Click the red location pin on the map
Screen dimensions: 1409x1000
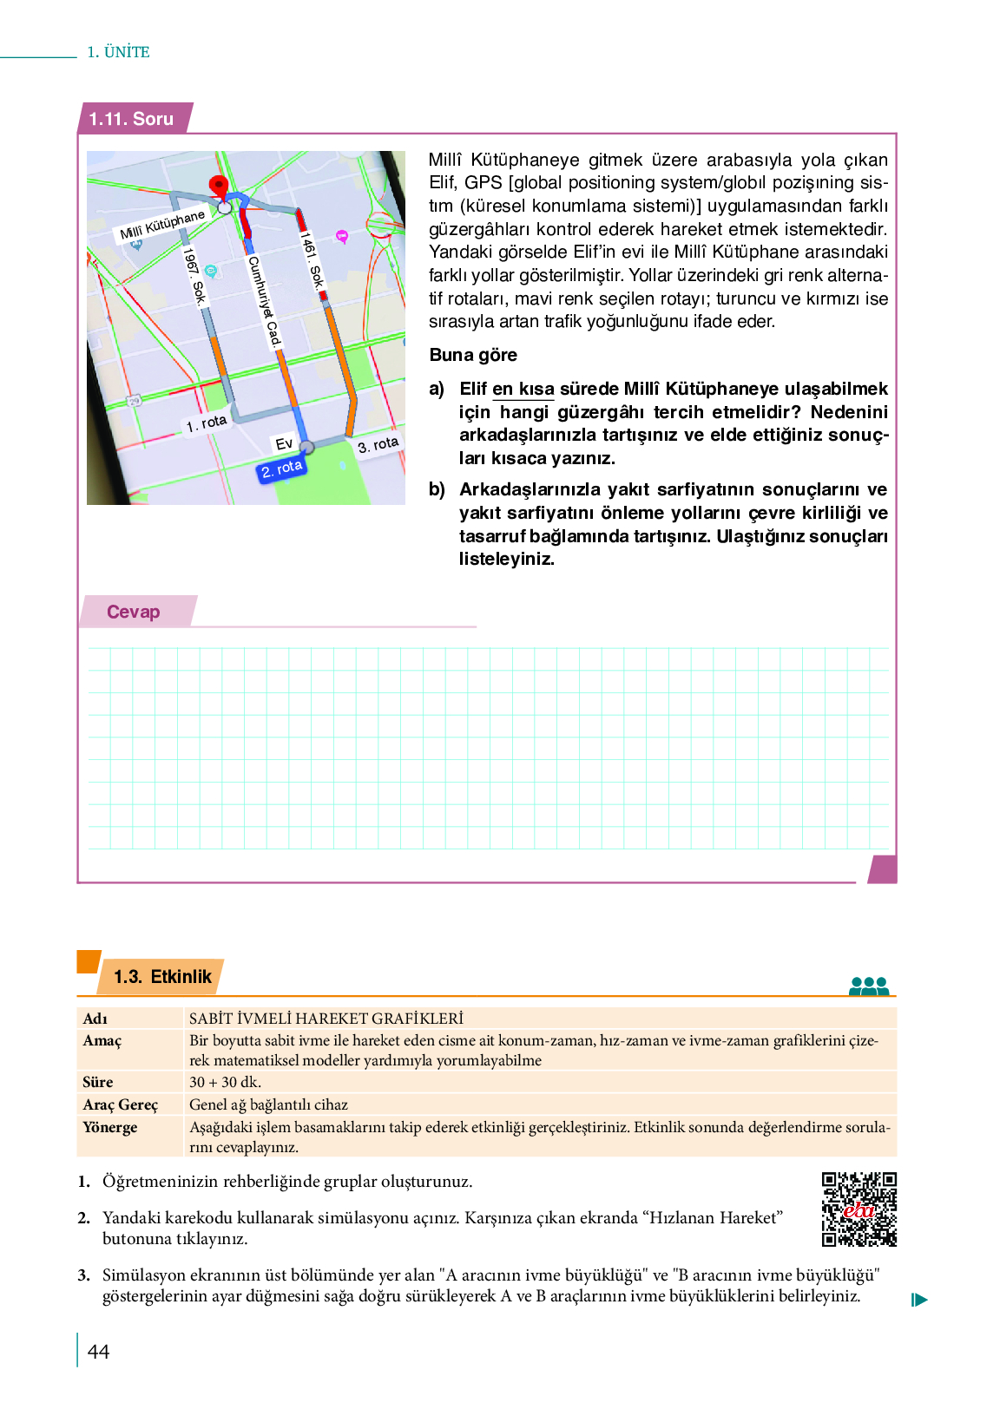[219, 186]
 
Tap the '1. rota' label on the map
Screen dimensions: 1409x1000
[206, 423]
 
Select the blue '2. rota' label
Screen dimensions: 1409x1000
[282, 469]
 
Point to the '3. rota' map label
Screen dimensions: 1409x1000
[378, 445]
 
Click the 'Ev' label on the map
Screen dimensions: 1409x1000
[284, 443]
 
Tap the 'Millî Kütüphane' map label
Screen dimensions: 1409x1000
[162, 225]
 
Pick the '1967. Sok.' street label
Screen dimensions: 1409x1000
[194, 276]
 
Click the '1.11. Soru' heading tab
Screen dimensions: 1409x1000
[132, 119]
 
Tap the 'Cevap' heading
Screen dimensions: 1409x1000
[134, 612]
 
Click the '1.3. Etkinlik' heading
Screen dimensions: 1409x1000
[162, 977]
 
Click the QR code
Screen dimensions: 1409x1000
[859, 1209]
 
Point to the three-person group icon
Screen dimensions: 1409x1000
[869, 986]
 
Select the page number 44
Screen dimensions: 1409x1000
[99, 1351]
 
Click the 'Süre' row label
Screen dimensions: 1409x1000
[98, 1082]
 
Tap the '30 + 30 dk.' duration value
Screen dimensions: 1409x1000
[225, 1082]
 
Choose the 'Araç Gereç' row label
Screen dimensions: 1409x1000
[121, 1104]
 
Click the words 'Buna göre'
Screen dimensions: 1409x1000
[473, 355]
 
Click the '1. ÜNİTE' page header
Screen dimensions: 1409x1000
[118, 52]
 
